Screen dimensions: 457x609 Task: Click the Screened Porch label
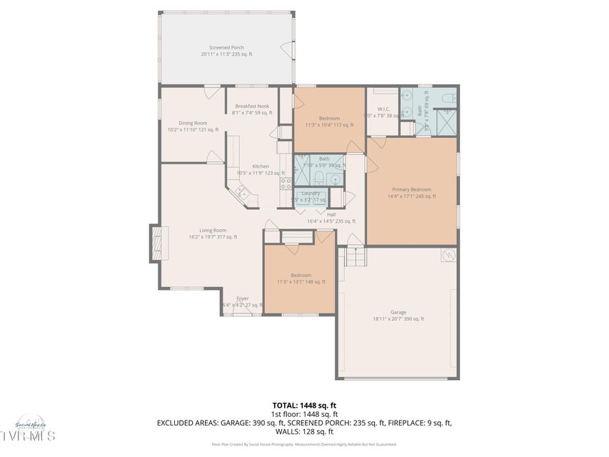click(226, 48)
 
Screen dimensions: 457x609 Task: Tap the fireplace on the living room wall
click(155, 243)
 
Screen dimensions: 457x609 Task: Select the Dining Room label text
click(193, 123)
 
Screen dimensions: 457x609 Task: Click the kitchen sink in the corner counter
click(242, 191)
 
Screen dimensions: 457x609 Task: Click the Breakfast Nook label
click(252, 106)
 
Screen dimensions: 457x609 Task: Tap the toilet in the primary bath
click(447, 99)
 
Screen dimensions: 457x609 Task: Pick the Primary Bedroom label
click(411, 189)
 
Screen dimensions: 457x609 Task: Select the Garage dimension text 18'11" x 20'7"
click(398, 318)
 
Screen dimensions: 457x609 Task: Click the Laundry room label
click(311, 194)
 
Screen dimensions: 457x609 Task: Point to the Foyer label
click(243, 298)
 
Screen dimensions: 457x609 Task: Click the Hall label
click(331, 214)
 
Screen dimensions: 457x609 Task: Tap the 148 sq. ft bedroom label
click(301, 275)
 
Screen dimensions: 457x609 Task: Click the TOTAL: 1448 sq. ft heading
click(304, 405)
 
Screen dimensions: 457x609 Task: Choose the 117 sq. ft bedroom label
click(329, 118)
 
